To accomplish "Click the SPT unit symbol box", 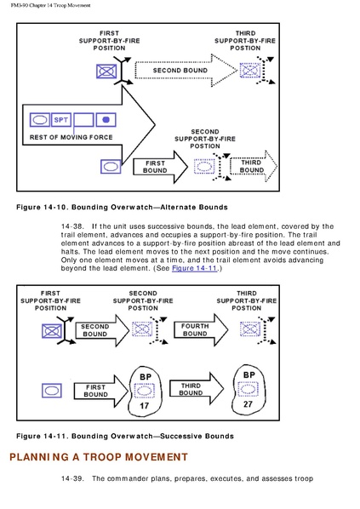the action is (x=61, y=120).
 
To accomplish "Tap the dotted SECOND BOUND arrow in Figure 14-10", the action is (x=186, y=71).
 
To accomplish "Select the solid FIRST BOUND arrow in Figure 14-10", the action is (x=160, y=167).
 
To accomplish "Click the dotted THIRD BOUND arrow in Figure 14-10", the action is (x=254, y=166).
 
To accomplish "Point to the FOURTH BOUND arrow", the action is (x=201, y=329).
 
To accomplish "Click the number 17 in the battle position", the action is (x=144, y=406).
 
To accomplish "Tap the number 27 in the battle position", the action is (x=248, y=404).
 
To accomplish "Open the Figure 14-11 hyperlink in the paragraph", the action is (x=194, y=268).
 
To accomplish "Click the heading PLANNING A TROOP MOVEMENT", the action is (x=99, y=457).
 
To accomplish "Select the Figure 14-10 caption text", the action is (x=122, y=208).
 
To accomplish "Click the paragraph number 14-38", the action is (x=72, y=226).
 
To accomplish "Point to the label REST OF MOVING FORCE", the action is (x=71, y=137).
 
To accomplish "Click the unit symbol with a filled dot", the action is (x=106, y=120).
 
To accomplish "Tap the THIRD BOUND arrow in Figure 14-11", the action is (x=197, y=389).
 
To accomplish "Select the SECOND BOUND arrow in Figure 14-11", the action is (x=102, y=330).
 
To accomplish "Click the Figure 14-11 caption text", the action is (x=125, y=436).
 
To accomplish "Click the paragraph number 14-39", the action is (x=72, y=478).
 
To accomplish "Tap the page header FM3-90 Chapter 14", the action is (x=51, y=5).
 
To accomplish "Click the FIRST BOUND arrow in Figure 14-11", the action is (x=101, y=392).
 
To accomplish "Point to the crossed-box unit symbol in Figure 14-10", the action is (x=106, y=71).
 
